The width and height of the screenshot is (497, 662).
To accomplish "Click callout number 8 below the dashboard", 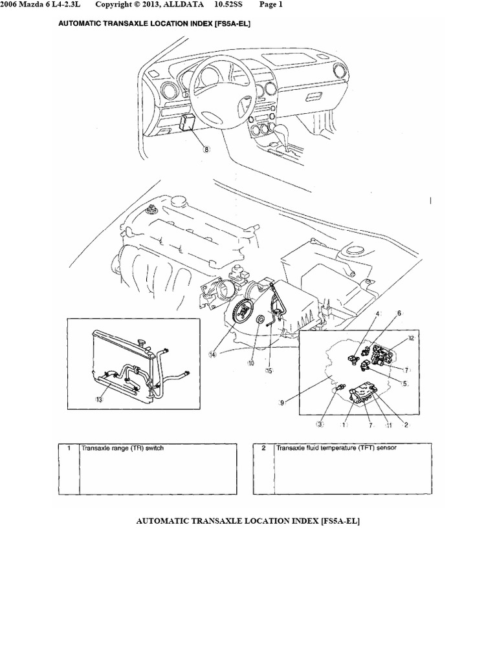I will coord(206,148).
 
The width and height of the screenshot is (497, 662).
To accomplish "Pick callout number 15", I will coord(269,370).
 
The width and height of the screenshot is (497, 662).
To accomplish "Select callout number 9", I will coord(282,403).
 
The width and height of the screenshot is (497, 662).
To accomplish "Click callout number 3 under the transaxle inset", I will coord(319,425).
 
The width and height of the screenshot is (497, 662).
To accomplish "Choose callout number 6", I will coord(399,313).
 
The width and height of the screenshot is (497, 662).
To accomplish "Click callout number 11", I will coord(390,425).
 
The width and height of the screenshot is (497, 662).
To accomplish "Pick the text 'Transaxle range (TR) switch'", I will coord(122,447).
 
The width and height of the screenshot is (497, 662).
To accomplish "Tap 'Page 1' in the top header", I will coord(271,5).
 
